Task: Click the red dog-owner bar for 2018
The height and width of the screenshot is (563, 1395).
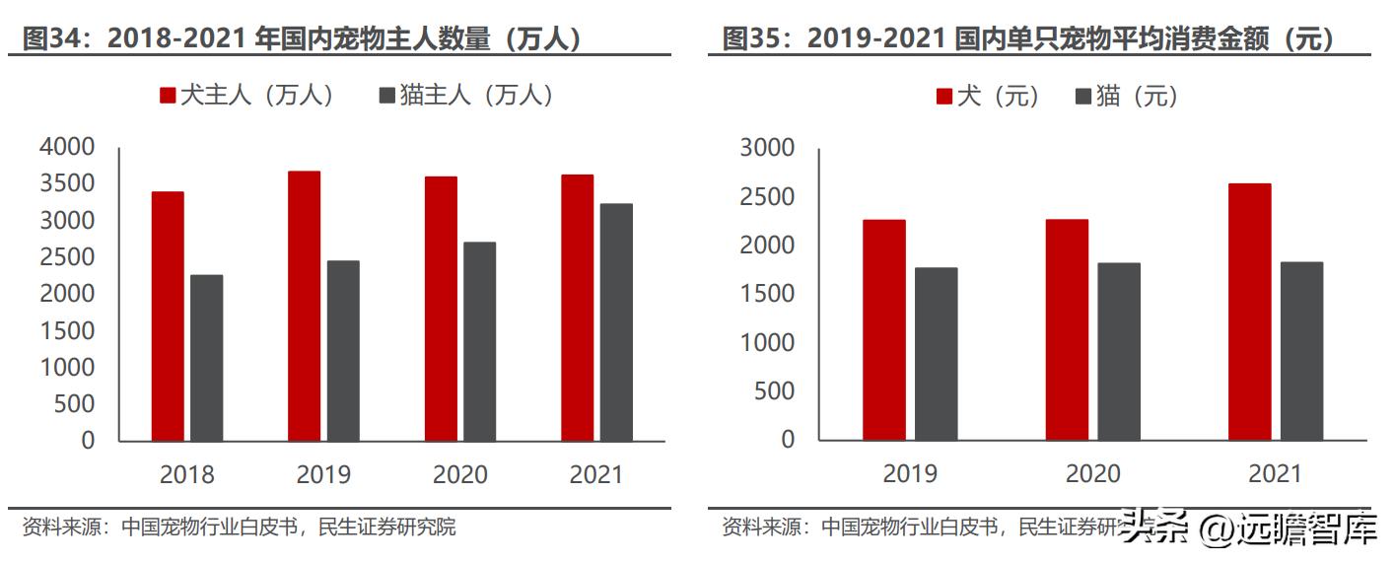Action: (x=168, y=316)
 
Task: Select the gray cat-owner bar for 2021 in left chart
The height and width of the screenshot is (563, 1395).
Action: (x=616, y=321)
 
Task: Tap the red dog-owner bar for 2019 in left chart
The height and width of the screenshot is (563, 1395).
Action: (x=304, y=306)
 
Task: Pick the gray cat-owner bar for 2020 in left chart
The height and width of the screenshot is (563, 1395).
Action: (x=480, y=341)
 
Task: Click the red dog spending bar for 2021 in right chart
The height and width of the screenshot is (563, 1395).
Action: (x=1249, y=312)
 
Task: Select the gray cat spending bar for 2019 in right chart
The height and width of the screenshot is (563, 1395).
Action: (x=936, y=353)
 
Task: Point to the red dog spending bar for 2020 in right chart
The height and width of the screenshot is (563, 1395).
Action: (x=1067, y=329)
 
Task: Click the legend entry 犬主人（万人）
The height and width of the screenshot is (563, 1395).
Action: (x=246, y=95)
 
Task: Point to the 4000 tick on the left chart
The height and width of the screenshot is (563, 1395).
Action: (x=67, y=147)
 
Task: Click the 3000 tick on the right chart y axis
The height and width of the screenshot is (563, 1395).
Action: (x=766, y=147)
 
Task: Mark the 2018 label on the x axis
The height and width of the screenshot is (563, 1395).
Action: (x=186, y=474)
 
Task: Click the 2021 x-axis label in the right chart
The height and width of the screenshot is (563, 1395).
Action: (x=1275, y=474)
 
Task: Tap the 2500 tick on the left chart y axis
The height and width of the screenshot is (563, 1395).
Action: (x=67, y=257)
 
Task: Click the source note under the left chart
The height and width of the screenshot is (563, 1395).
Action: (x=239, y=527)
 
